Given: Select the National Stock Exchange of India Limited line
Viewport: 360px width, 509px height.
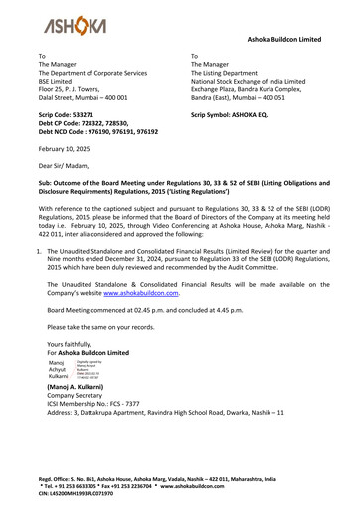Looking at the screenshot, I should point(261,82).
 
